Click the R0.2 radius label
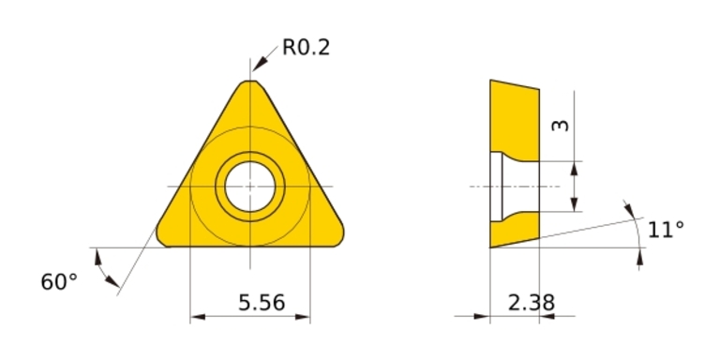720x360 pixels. point(306,47)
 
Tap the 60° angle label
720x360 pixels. point(59,282)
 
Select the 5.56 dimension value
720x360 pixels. point(262,303)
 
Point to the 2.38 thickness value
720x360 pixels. point(532,303)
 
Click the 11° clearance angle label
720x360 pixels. point(666,230)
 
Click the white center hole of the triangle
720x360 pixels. point(250,187)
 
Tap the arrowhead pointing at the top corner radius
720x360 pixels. point(260,65)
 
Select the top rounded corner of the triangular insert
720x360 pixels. point(250,82)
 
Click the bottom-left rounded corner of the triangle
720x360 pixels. point(161,236)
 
